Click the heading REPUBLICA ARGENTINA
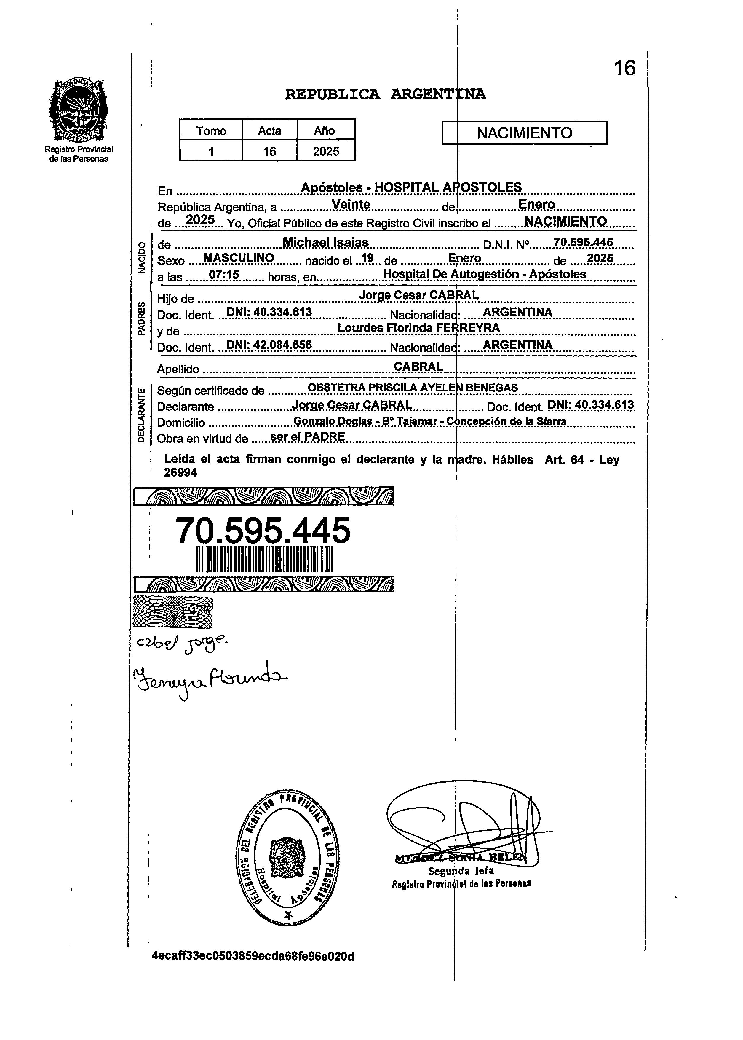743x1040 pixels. (385, 94)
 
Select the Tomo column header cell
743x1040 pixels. (211, 131)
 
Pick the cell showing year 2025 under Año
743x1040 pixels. (326, 151)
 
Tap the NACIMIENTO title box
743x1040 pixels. (524, 133)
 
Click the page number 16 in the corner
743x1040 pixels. (624, 68)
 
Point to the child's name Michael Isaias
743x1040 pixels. (326, 243)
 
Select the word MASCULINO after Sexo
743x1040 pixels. (238, 258)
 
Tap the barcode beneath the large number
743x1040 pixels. (264, 559)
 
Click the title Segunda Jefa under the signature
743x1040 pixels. (461, 871)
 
